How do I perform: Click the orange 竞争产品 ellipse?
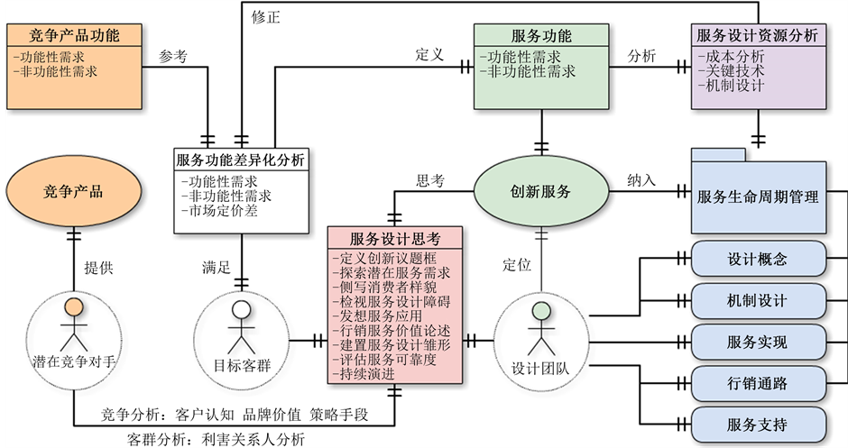73,191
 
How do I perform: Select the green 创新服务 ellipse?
540,191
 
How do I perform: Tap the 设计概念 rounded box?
757,260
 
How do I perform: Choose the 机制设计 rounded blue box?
757,301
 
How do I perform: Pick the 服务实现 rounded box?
757,343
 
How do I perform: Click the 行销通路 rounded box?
757,384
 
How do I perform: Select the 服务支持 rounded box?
757,425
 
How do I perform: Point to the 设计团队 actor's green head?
540,312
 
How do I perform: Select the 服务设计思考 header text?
395,239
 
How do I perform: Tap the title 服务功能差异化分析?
241,160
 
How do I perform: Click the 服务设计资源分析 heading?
758,36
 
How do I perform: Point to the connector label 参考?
172,56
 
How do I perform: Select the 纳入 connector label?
641,180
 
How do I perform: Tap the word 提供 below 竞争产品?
99,267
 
